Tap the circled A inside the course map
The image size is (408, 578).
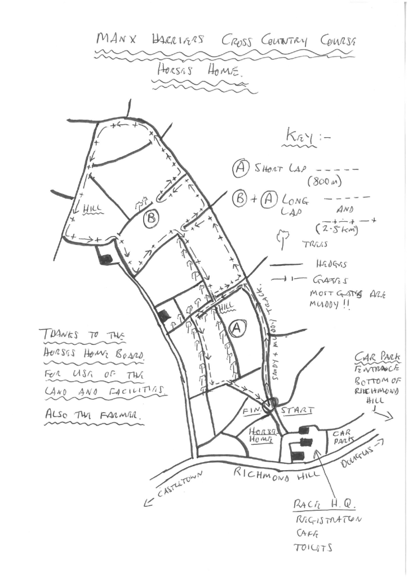click(x=237, y=327)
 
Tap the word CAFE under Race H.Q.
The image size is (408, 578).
click(x=306, y=533)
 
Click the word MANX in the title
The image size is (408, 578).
click(x=114, y=39)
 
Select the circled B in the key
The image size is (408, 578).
click(x=239, y=199)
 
